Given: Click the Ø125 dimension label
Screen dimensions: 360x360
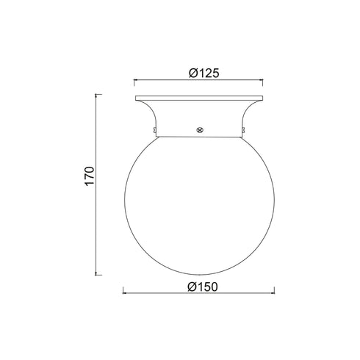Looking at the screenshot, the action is click(x=204, y=73).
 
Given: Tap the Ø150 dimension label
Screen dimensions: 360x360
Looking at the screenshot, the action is click(x=203, y=287).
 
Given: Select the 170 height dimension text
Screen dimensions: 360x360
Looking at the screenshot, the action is click(x=90, y=176).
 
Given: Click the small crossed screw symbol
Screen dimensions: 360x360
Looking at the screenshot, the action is click(x=201, y=130).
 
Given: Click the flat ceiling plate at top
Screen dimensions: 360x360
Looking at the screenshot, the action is click(x=199, y=98).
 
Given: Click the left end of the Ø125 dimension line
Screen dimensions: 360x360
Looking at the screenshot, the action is click(x=134, y=79).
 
